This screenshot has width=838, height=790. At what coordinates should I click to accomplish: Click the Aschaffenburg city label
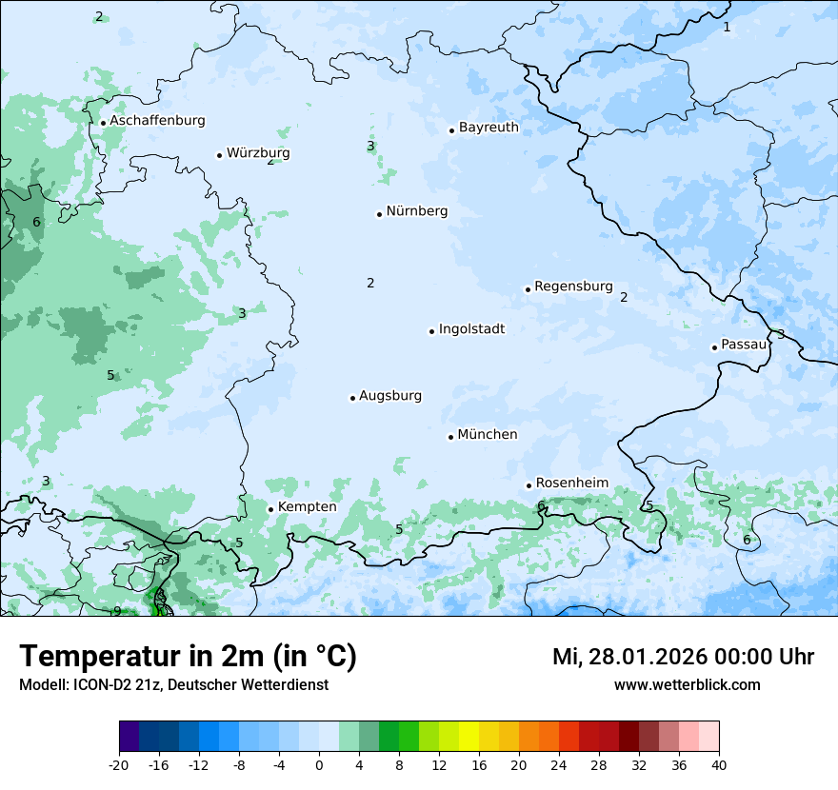point(157,121)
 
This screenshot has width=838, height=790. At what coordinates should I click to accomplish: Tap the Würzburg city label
point(258,153)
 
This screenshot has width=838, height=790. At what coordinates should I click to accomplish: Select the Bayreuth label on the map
point(489,128)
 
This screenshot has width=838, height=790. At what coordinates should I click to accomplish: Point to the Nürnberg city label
point(416,211)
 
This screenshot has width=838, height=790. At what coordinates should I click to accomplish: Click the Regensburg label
point(573,286)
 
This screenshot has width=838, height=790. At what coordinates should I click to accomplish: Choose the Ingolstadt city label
point(471,329)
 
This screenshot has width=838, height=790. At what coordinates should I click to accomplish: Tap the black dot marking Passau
point(714,347)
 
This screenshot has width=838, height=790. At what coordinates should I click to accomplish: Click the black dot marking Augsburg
point(352,398)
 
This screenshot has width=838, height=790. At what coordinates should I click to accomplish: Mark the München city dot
point(450,437)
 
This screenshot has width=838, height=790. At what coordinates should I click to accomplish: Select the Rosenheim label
point(571,483)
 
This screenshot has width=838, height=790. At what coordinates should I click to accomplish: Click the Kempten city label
point(307,507)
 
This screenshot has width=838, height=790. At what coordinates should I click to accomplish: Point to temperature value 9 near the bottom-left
point(117,611)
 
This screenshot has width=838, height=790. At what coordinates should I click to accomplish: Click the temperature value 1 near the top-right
point(727,27)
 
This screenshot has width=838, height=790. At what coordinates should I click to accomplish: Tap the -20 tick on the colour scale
point(119,764)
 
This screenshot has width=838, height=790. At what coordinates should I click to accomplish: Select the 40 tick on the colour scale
point(719,764)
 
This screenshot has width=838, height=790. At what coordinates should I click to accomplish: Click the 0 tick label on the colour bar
point(319,764)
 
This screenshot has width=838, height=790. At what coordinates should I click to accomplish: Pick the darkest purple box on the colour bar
point(129,737)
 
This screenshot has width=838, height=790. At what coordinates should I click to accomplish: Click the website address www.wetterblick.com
point(687,684)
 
